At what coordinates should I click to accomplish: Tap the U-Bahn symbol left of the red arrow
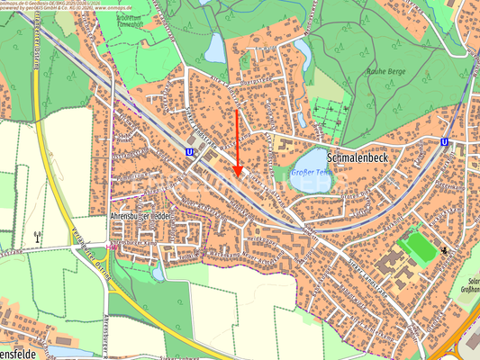point(189,153)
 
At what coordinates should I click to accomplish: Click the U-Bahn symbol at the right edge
point(446,142)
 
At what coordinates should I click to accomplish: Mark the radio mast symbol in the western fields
point(37,237)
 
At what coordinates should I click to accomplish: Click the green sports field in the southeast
point(416,246)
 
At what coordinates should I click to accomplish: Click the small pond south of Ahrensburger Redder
point(158,271)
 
